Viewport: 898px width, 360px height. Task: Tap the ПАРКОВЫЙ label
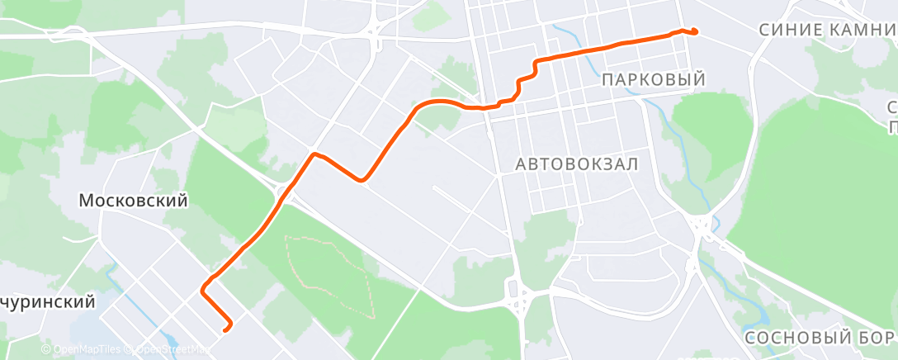coord(654,80)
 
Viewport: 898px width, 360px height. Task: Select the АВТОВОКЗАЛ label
coord(577,163)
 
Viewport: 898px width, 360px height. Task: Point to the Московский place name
coord(133,201)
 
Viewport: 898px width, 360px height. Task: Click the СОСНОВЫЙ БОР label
coord(819,338)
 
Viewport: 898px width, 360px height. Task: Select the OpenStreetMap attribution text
coord(168,350)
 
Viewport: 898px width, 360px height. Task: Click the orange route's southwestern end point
coord(227,329)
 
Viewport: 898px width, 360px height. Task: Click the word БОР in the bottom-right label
coord(874,338)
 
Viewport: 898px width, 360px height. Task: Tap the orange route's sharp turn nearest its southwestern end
coord(203,289)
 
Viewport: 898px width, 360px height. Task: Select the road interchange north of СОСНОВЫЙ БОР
coord(703,225)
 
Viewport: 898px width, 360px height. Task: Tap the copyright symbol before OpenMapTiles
coord(46,350)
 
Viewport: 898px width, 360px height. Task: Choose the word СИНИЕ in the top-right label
coord(787,30)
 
